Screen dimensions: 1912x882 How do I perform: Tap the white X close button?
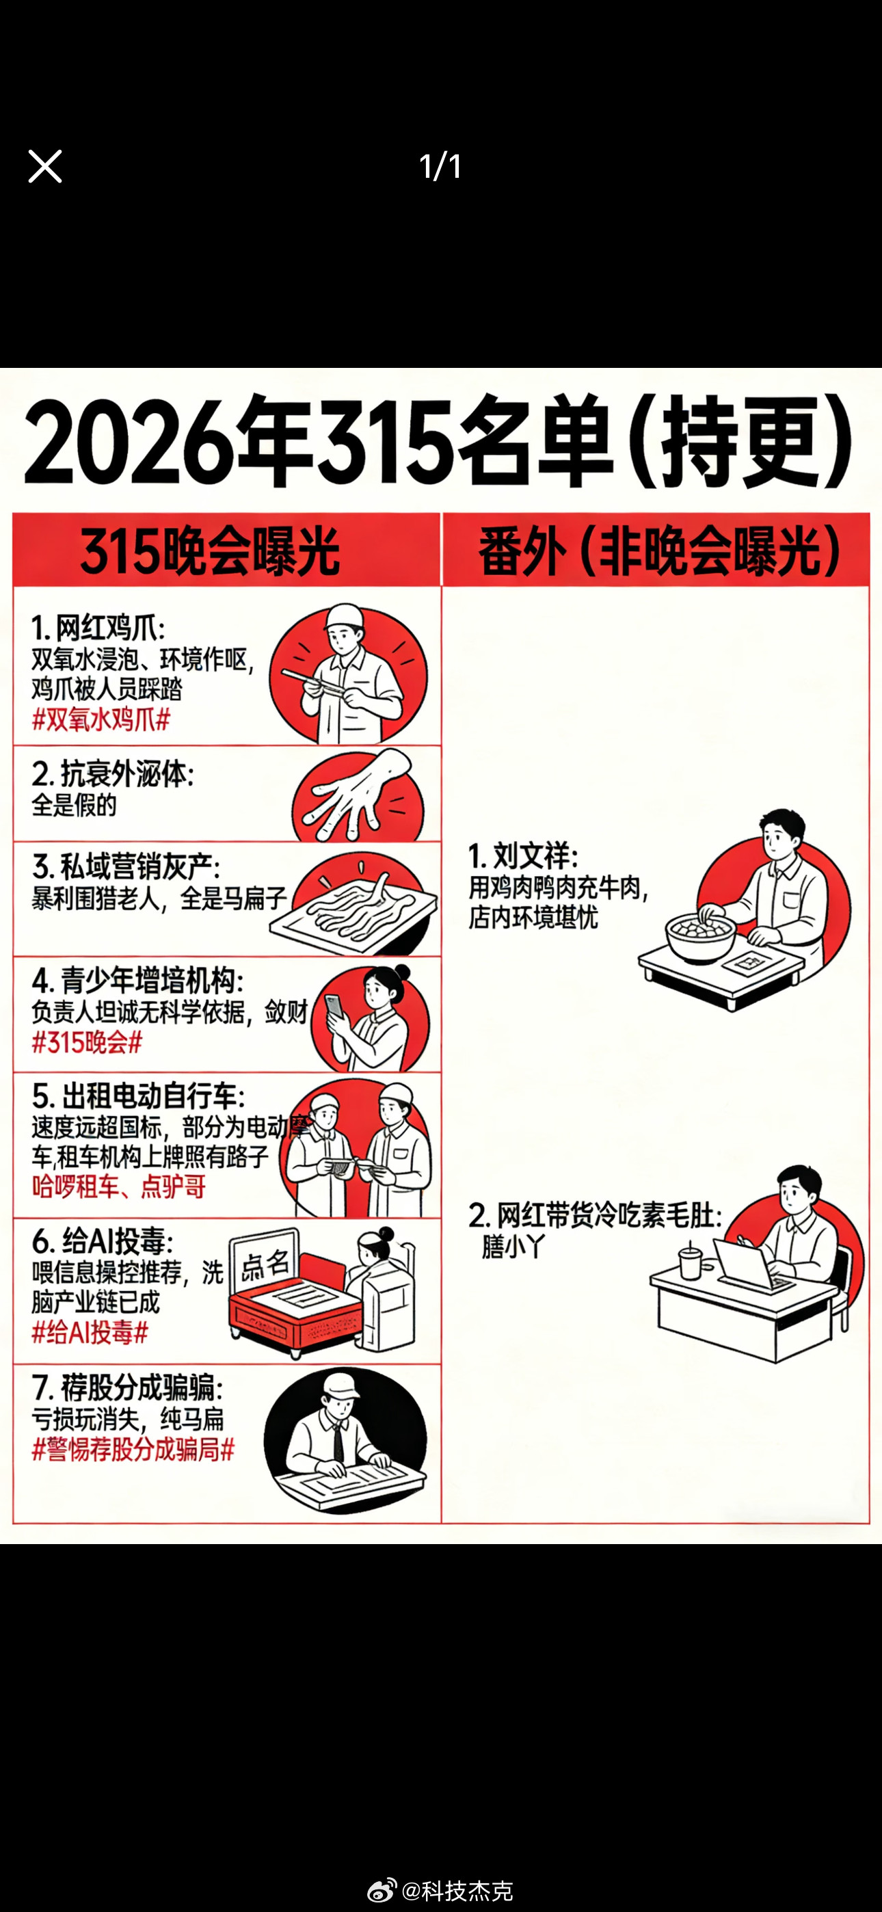click(x=44, y=166)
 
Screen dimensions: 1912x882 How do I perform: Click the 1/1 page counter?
click(x=440, y=166)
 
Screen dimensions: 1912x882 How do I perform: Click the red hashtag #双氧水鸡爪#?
click(x=101, y=719)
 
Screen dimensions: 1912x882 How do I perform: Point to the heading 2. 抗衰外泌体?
click(x=113, y=774)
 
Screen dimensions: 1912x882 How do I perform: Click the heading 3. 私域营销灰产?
click(x=126, y=866)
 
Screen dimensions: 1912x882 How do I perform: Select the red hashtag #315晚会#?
click(x=87, y=1042)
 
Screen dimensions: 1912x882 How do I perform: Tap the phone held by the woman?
click(x=336, y=1007)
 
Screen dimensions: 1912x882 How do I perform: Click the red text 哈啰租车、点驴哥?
click(x=118, y=1186)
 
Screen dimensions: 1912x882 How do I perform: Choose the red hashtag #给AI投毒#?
click(x=90, y=1332)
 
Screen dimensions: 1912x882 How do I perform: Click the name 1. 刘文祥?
click(x=524, y=855)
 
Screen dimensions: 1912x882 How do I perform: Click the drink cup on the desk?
click(x=691, y=1261)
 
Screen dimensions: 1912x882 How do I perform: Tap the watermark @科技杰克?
click(x=456, y=1891)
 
